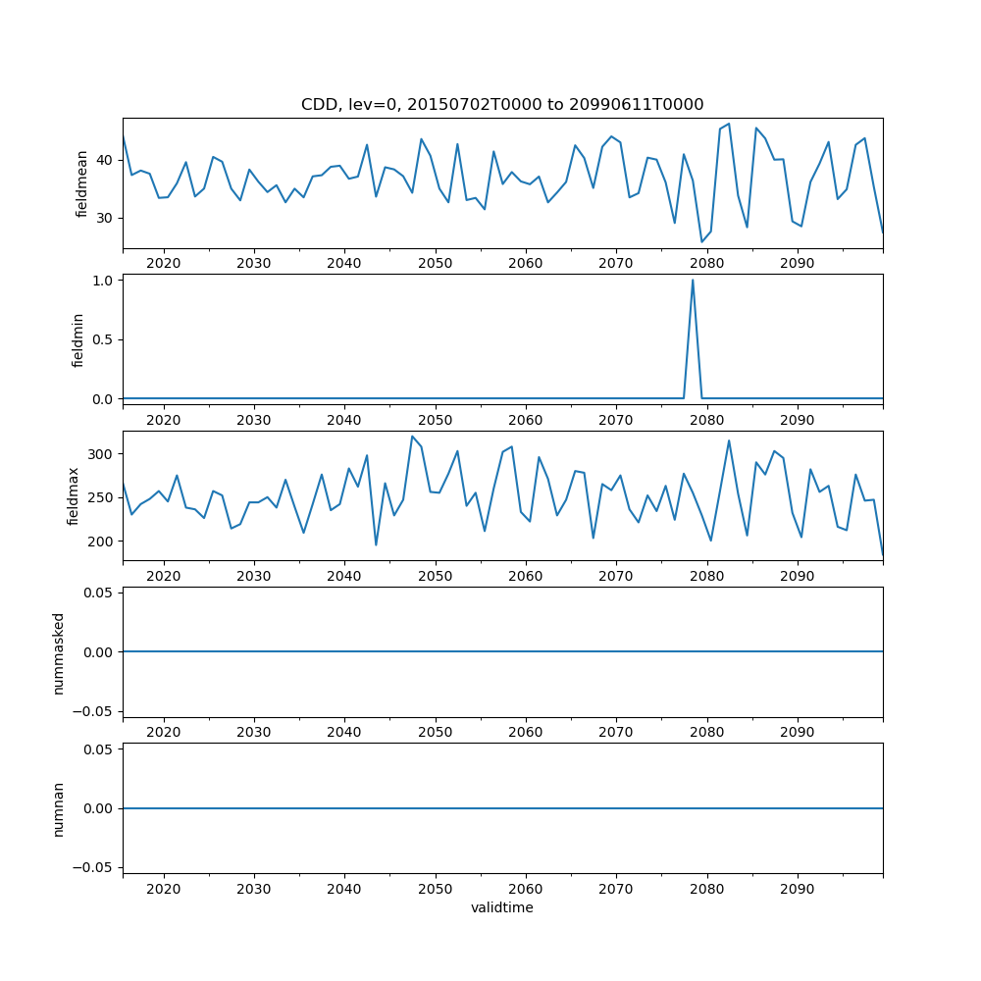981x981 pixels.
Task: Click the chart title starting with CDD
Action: coord(502,105)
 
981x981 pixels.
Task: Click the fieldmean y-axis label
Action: coord(82,183)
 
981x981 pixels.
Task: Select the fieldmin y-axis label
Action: coord(78,339)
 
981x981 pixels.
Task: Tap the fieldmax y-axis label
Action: coord(74,495)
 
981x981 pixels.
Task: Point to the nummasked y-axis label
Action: coord(59,652)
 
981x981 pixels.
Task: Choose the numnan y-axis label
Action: coord(59,808)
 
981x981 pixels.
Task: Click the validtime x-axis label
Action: coord(502,908)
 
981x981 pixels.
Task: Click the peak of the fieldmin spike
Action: coord(693,281)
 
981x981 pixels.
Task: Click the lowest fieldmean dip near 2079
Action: coord(702,241)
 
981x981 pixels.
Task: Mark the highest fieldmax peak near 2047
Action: coord(412,437)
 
